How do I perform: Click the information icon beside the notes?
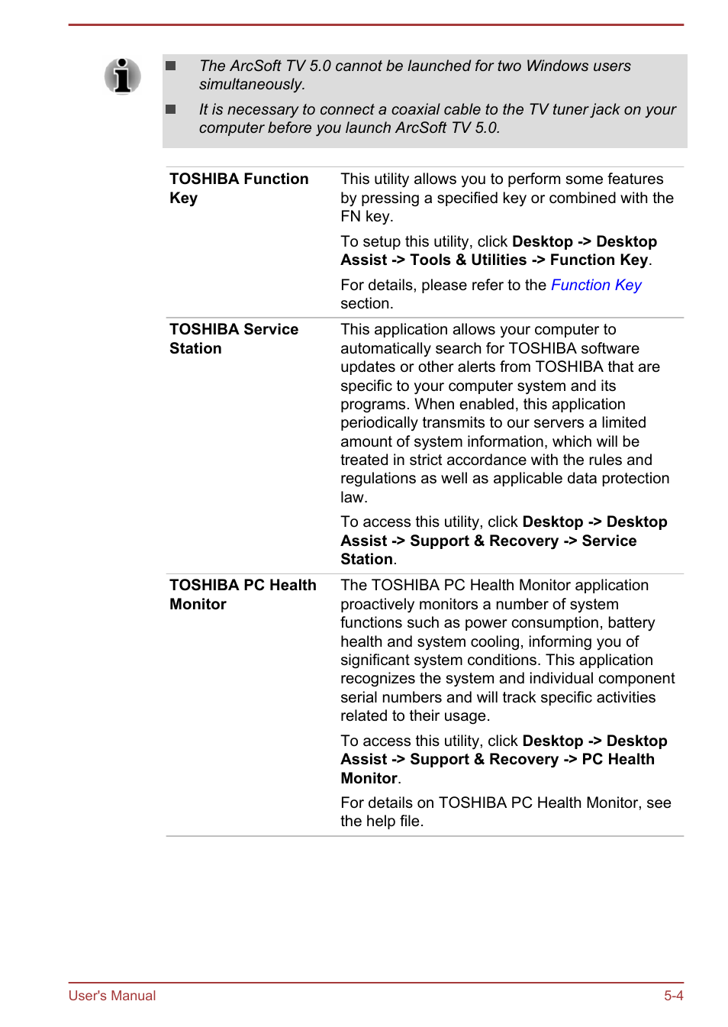(x=122, y=76)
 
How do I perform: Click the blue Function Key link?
(x=595, y=285)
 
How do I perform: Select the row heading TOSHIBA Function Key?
(x=238, y=188)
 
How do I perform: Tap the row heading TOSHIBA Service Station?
(x=233, y=338)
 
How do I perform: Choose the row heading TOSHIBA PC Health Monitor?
(x=242, y=594)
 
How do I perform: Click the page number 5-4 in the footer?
(x=673, y=995)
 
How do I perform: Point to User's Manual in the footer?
(x=112, y=995)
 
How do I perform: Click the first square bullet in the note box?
(x=171, y=66)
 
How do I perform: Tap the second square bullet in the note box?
(x=171, y=110)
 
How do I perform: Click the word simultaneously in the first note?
(x=252, y=85)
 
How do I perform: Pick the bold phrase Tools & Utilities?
(x=468, y=260)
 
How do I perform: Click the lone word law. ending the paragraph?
(x=354, y=498)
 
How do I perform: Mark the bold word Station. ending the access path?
(x=368, y=560)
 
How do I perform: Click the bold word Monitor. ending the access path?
(x=370, y=778)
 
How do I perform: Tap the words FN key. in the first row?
(x=366, y=217)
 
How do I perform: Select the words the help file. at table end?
(x=382, y=822)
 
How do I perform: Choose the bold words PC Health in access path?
(x=617, y=760)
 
